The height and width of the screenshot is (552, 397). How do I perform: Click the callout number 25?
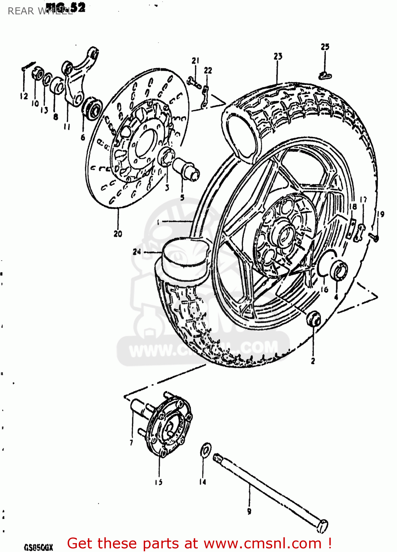pyautogui.click(x=325, y=47)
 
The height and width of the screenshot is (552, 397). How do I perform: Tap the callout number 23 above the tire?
pyautogui.click(x=278, y=56)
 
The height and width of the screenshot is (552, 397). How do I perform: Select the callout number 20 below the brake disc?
pyautogui.click(x=118, y=234)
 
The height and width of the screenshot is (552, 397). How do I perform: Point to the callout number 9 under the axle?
pyautogui.click(x=249, y=511)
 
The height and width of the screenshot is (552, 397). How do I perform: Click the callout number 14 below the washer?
pyautogui.click(x=203, y=482)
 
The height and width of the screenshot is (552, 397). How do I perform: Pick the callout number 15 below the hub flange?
pyautogui.click(x=158, y=482)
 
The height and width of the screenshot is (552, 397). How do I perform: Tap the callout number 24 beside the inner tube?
pyautogui.click(x=137, y=252)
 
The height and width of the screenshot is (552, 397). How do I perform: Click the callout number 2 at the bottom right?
pyautogui.click(x=313, y=361)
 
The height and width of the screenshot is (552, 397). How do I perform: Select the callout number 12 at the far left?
pyautogui.click(x=24, y=96)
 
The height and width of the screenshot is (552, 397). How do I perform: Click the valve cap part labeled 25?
pyautogui.click(x=325, y=76)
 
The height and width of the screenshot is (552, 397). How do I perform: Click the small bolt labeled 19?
pyautogui.click(x=374, y=238)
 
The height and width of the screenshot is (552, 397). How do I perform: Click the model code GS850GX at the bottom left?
pyautogui.click(x=39, y=547)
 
